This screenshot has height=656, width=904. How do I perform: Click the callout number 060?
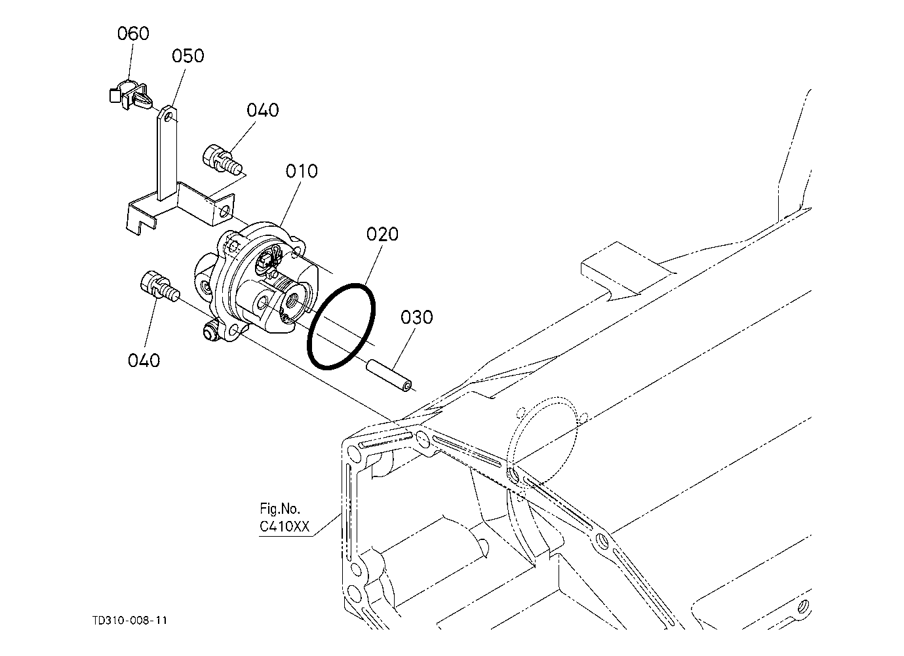[x=133, y=33]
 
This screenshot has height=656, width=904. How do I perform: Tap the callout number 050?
[x=188, y=56]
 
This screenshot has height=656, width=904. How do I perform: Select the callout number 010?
[x=302, y=172]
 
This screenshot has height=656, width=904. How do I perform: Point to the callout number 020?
[x=382, y=235]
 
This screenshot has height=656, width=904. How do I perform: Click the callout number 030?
[x=416, y=317]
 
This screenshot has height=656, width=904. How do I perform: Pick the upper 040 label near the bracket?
[x=263, y=110]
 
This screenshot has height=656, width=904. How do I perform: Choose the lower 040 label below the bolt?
[x=144, y=360]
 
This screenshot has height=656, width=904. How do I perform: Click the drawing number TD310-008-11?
[x=130, y=620]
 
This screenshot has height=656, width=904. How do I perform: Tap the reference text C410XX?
[x=285, y=527]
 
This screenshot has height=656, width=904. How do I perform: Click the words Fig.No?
[x=280, y=509]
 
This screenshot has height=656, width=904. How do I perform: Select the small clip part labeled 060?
[x=130, y=95]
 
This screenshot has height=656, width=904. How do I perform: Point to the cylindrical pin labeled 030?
[x=389, y=375]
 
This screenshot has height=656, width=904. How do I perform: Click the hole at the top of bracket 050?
[x=168, y=116]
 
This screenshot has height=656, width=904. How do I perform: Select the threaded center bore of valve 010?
[x=292, y=299]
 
